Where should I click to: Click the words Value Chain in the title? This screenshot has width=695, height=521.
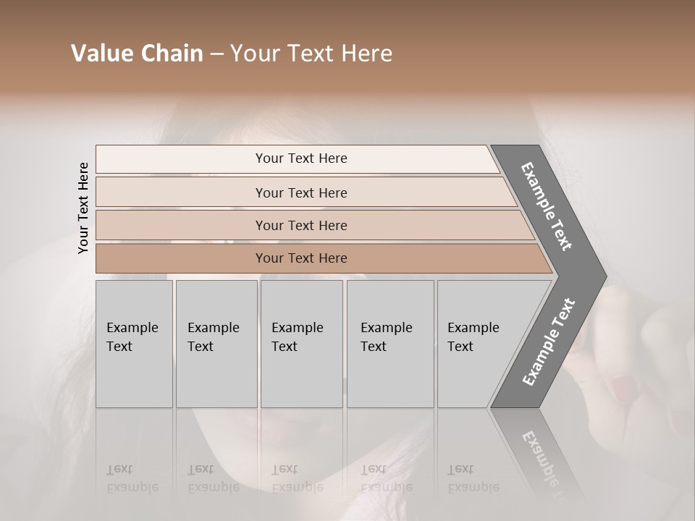click(x=137, y=54)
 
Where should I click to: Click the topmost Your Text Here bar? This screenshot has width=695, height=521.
click(x=301, y=158)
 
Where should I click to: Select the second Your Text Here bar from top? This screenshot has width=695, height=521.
click(x=301, y=192)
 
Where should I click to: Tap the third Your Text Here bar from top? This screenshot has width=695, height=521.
click(x=301, y=225)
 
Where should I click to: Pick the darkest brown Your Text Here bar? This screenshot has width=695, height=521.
click(x=301, y=258)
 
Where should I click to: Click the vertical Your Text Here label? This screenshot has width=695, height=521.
click(x=83, y=208)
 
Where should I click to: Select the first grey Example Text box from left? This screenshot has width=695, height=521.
click(x=134, y=343)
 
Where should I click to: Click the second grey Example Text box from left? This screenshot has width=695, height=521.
click(x=216, y=343)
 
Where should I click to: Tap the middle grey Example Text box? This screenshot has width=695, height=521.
click(x=301, y=343)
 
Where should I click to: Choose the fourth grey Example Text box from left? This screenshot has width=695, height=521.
click(x=389, y=343)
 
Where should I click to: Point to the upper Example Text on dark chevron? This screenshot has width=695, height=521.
click(x=547, y=206)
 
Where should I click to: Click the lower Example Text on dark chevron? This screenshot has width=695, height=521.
click(x=549, y=342)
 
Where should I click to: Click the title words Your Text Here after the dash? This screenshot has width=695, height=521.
click(x=311, y=54)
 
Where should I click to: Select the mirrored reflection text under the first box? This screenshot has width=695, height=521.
click(x=132, y=478)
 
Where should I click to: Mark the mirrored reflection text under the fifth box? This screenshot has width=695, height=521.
click(x=473, y=478)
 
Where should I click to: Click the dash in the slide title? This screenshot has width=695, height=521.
click(x=216, y=54)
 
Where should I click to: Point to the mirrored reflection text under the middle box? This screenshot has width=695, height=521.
click(x=297, y=478)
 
